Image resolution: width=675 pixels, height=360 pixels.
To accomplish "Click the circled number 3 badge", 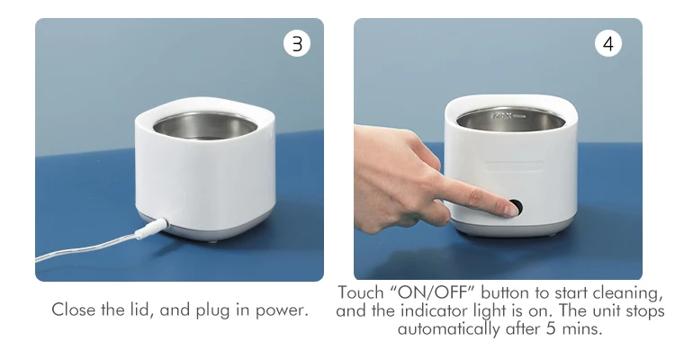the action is tap(297, 43).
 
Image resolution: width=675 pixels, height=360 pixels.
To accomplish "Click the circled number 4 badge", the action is tap(608, 43).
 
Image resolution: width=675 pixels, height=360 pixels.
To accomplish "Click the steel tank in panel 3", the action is tap(205, 126).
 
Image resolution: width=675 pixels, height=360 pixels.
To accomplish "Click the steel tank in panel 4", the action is tap(510, 119).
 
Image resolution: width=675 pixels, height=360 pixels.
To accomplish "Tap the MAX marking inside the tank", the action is tap(508, 115).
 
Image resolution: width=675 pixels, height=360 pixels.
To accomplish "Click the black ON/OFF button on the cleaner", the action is tap(516, 207).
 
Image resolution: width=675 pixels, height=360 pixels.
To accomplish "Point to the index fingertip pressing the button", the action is tap(510, 210).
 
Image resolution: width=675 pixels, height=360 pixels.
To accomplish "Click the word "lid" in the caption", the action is tap(139, 310).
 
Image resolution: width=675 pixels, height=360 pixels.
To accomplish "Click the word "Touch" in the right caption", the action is tap(361, 292).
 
